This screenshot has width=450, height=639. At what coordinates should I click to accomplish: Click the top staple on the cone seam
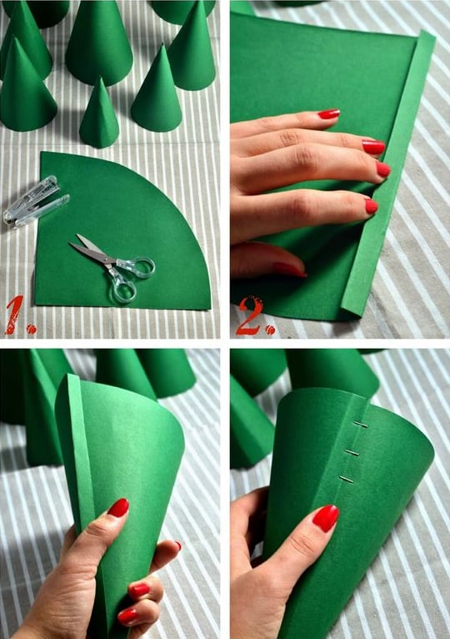click(x=360, y=425)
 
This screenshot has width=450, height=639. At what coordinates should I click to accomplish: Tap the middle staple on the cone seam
click(x=352, y=452)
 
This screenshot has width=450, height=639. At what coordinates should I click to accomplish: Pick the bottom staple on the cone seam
click(x=346, y=479)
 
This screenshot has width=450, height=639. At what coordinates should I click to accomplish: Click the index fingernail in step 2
click(x=328, y=114)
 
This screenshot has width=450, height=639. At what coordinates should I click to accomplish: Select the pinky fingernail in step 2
click(x=371, y=206)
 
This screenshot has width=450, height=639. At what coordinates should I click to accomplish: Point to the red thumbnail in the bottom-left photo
click(x=118, y=507)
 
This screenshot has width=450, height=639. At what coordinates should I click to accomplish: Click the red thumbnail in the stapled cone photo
click(x=325, y=517)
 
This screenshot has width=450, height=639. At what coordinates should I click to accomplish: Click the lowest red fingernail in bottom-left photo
click(x=127, y=616)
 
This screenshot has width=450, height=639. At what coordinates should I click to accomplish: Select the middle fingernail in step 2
click(x=374, y=147)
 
